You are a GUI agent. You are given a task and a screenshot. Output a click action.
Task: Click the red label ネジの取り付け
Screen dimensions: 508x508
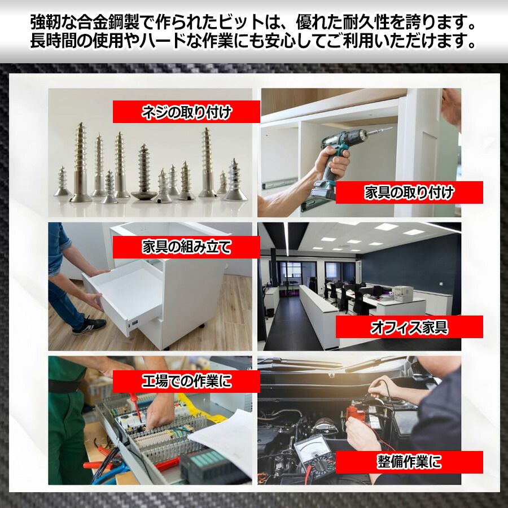(x=186, y=112)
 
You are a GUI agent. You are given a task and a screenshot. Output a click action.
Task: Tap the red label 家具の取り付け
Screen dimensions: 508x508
(x=409, y=192)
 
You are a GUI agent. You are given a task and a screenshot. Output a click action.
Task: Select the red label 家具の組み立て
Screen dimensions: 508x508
(x=186, y=247)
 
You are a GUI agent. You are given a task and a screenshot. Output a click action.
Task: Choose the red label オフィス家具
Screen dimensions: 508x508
(x=409, y=327)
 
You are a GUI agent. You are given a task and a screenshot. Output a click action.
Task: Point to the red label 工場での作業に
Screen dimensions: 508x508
(x=186, y=382)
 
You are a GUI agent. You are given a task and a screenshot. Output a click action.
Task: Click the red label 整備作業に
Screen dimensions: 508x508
(x=409, y=462)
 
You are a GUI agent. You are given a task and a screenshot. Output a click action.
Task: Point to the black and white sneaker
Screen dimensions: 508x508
(x=90, y=325)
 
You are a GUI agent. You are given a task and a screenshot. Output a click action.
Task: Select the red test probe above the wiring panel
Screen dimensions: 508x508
(x=135, y=405)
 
